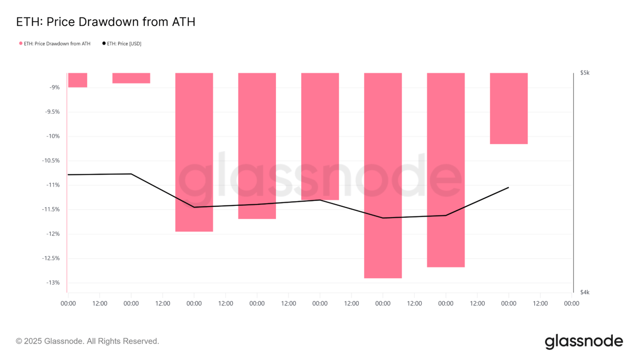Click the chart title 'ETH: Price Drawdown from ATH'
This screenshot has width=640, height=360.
105,22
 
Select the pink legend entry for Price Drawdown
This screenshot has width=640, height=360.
55,44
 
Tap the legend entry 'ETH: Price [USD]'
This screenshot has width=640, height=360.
122,44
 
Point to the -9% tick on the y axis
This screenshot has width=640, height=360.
55,87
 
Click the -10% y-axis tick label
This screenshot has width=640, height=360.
53,136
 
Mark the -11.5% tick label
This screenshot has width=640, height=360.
51,210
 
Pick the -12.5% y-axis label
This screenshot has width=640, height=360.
51,258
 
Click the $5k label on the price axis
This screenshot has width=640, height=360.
585,73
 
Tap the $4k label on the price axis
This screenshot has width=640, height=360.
585,292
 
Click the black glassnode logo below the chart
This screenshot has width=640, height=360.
583,342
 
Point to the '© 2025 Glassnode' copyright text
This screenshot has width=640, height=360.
88,341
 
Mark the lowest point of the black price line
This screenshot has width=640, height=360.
383,218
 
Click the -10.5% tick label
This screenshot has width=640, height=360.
51,161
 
